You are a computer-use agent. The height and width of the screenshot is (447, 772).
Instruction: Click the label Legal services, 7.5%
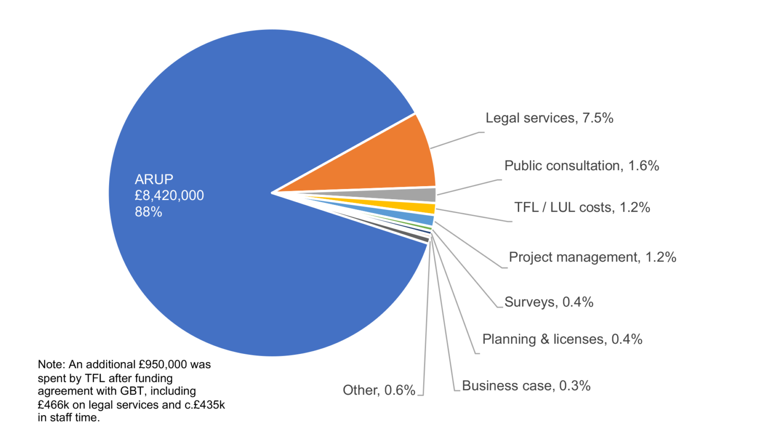pyautogui.click(x=549, y=118)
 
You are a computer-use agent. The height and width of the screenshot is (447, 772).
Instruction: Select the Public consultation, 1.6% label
pyautogui.click(x=581, y=166)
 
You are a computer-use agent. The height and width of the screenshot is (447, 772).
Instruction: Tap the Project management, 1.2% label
pyautogui.click(x=592, y=257)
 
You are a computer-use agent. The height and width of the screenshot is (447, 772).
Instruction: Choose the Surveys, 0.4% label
pyautogui.click(x=549, y=302)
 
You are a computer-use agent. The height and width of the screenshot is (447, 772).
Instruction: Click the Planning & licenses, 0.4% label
pyautogui.click(x=562, y=339)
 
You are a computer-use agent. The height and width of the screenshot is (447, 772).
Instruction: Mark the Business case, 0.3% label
pyautogui.click(x=526, y=386)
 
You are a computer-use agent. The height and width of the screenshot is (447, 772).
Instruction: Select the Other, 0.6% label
pyautogui.click(x=379, y=390)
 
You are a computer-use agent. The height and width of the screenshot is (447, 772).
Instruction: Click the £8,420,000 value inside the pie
pyautogui.click(x=169, y=195)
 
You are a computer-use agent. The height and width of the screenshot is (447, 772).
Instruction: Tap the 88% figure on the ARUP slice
pyautogui.click(x=149, y=212)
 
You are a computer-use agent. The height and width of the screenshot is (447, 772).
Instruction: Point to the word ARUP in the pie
pyautogui.click(x=154, y=179)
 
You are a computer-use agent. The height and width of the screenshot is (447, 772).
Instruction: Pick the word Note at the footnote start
pyautogui.click(x=50, y=365)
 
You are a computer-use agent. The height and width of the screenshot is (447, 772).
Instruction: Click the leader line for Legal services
pyautogui.click(x=456, y=140)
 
